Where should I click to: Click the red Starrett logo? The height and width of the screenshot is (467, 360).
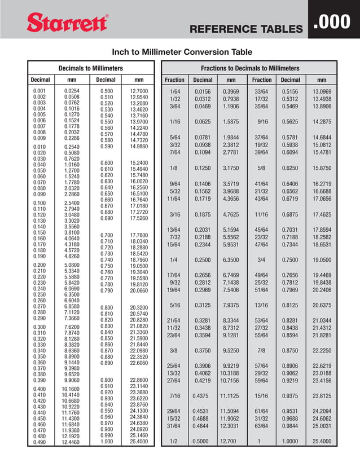[67, 24]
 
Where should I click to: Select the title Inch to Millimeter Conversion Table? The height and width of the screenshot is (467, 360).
[182, 52]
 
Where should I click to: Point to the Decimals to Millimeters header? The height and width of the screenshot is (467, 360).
[91, 68]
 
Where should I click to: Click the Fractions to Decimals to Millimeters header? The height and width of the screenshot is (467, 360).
[250, 68]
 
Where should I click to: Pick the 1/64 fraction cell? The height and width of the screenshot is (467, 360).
[174, 91]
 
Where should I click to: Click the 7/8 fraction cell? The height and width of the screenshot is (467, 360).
[261, 350]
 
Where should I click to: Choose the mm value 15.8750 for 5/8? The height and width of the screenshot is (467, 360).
[322, 168]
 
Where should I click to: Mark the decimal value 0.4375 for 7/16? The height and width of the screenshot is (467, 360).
[204, 396]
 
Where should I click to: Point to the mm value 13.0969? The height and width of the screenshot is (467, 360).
[322, 91]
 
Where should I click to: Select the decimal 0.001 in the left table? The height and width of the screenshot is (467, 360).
[39, 91]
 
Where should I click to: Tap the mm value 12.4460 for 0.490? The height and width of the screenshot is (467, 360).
[72, 443]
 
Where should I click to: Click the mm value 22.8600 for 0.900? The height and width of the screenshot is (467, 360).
[138, 380]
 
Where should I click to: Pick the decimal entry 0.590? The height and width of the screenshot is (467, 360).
[106, 146]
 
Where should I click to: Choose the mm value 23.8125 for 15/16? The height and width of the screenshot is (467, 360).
[322, 396]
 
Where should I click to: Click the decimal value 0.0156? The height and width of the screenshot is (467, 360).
[204, 91]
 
